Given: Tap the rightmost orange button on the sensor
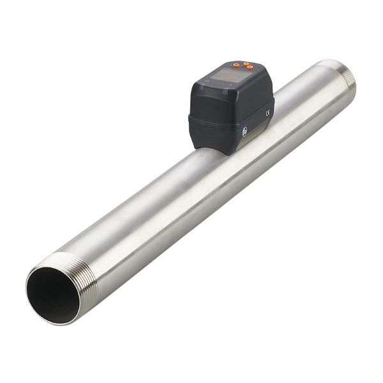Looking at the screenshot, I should click(250, 67).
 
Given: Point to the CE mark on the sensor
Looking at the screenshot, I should click(268, 113).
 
